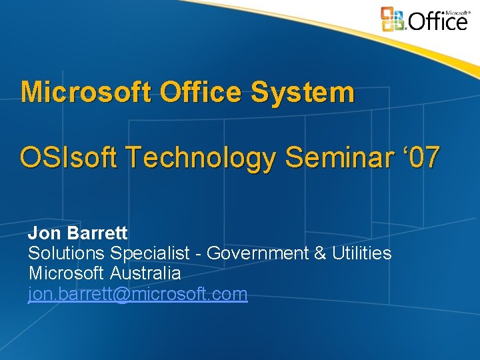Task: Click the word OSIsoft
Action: coord(69,159)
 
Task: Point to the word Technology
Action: coord(203,159)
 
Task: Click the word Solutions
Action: coord(66,253)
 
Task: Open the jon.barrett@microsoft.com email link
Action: coord(137,294)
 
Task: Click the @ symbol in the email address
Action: coord(123,294)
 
